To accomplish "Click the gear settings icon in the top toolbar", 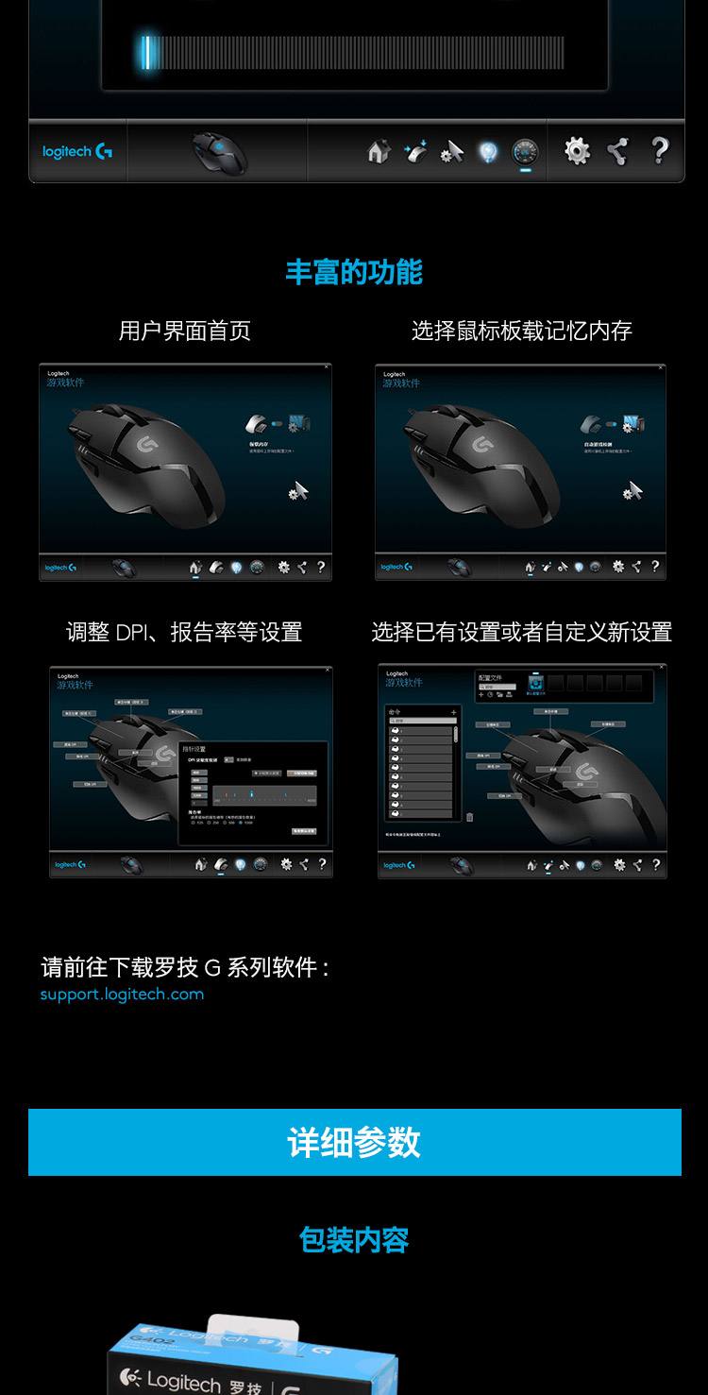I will [577, 150].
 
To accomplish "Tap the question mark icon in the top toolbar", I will [660, 150].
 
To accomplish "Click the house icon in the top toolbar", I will [379, 151].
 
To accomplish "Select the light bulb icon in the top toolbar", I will [487, 151].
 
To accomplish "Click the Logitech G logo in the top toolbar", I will [77, 151].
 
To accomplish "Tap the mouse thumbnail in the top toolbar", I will [219, 151].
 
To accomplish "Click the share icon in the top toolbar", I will [617, 151].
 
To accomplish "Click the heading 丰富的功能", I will [354, 272].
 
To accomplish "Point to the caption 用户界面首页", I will [185, 331].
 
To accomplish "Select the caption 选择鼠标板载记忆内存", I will [521, 331].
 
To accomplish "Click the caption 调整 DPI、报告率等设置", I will [184, 632].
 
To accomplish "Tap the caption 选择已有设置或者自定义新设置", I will [521, 632].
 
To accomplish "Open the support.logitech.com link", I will [122, 995].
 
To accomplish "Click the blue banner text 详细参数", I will [354, 1143].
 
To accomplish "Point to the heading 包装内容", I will [354, 1240].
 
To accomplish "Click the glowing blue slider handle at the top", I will [146, 52].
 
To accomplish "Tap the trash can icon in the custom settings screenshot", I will [469, 817].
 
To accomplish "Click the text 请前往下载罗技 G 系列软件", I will [184, 968].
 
